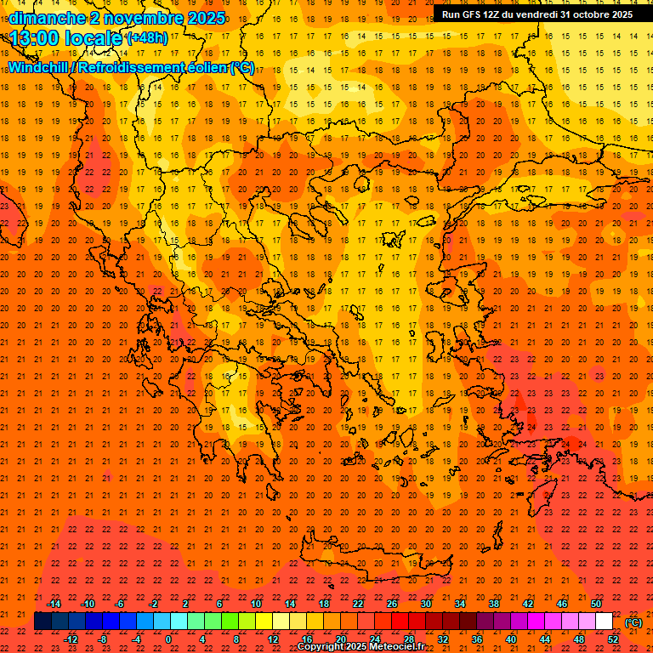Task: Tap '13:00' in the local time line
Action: click(x=36, y=37)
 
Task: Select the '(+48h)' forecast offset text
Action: click(x=147, y=37)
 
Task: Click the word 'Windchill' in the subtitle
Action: click(x=40, y=67)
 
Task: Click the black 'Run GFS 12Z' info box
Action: click(x=537, y=14)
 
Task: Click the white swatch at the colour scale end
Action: click(x=604, y=622)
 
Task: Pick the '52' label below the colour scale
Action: click(x=613, y=639)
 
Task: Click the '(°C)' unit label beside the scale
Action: click(x=633, y=622)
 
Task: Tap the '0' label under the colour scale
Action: click(x=168, y=639)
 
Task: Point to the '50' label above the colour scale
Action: click(x=596, y=604)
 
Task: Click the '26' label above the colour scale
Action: click(x=392, y=604)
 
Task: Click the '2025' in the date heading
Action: click(x=204, y=17)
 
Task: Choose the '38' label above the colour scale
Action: click(x=494, y=604)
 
